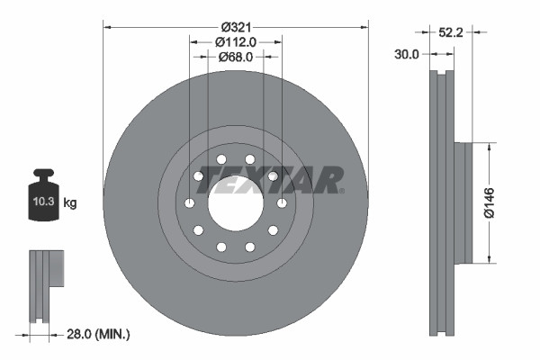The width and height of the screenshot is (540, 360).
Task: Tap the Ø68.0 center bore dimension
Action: [x=236, y=56]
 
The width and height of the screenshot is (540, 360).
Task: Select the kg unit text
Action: [x=70, y=203]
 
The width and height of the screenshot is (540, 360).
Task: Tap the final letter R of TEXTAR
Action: [x=330, y=179]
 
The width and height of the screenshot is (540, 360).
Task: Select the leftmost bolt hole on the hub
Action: [x=189, y=203]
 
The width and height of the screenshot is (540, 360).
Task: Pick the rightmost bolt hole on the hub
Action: [x=283, y=203]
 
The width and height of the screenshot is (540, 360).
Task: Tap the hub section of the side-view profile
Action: [x=463, y=202]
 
